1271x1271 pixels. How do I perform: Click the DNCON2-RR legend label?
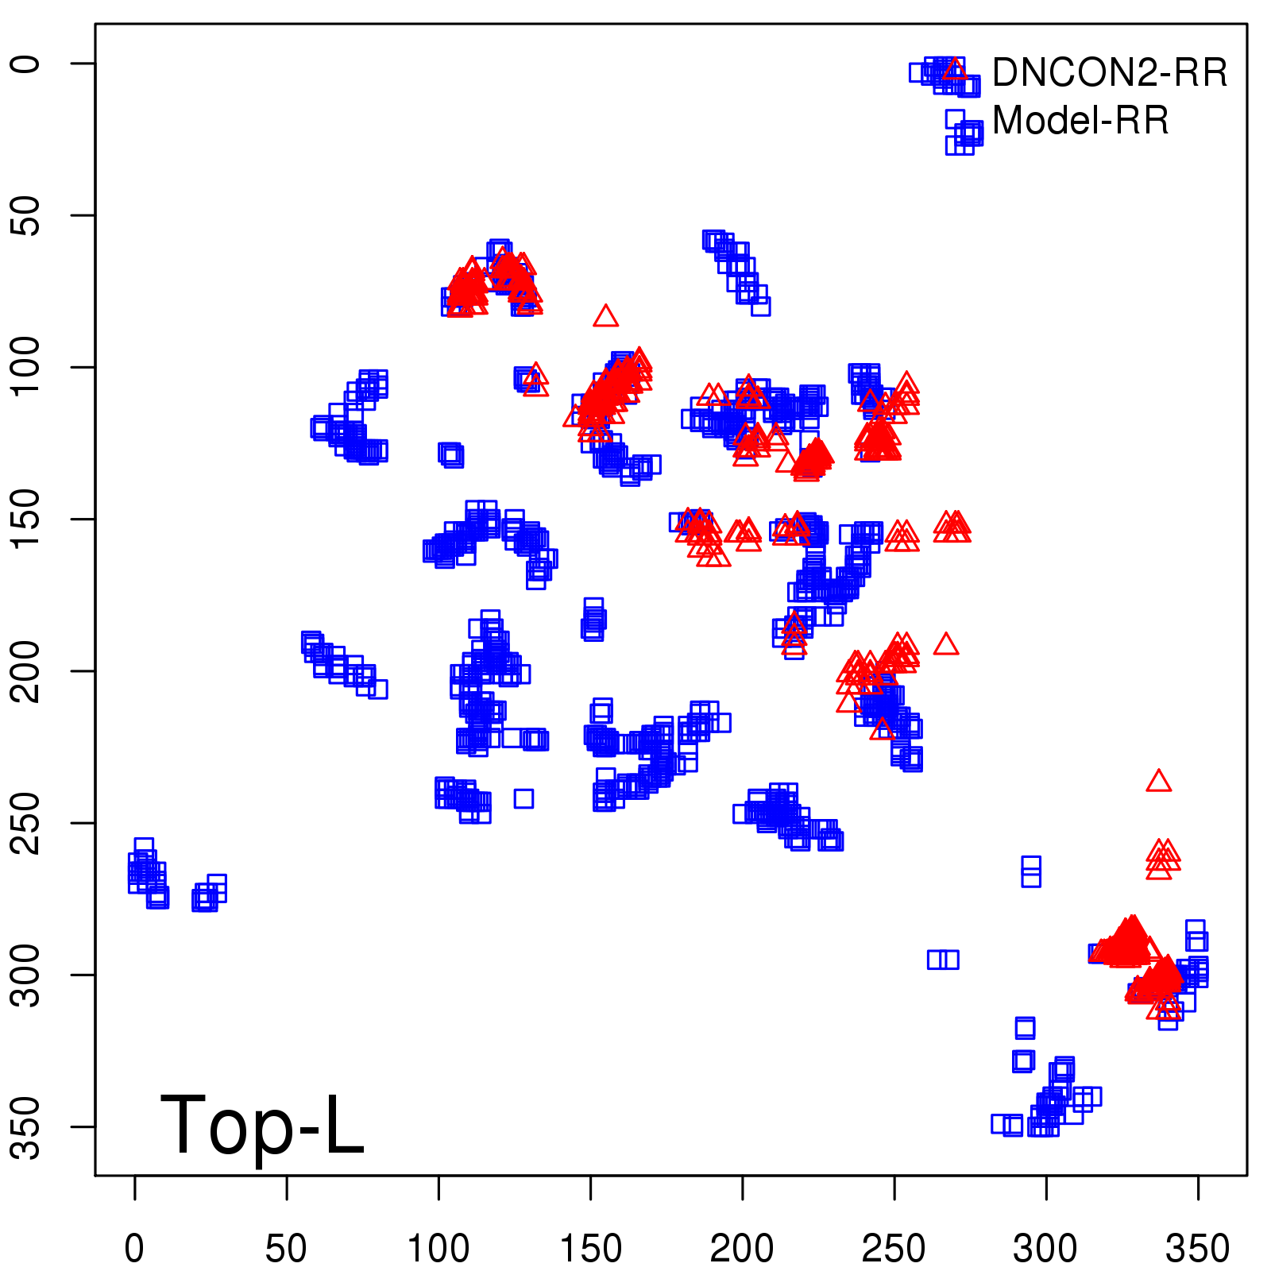1109,73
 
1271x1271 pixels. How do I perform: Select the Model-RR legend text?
1080,121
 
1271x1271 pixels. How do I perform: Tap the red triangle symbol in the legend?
956,69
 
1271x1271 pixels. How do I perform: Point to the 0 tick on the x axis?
134,1249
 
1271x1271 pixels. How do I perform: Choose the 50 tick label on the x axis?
286,1249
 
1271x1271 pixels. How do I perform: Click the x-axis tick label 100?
438,1249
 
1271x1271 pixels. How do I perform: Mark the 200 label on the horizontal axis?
742,1249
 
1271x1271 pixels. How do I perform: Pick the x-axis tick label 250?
894,1249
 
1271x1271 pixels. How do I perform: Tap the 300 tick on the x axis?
1045,1249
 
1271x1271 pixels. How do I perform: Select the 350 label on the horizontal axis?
1198,1249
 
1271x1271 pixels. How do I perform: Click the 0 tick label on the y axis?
27,64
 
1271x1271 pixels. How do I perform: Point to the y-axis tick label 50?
27,215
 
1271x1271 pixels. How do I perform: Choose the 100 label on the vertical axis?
27,367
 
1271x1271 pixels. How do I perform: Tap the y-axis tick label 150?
27,519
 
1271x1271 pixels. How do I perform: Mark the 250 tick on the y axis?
27,823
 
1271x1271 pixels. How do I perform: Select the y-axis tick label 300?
27,975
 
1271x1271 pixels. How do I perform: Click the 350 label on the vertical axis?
27,1126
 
